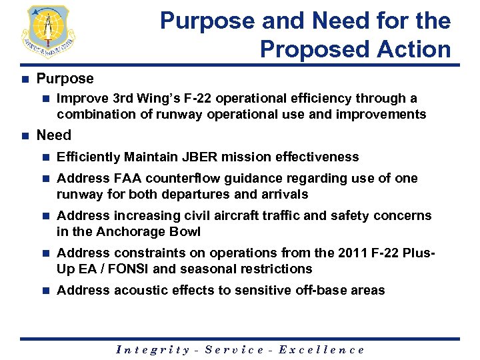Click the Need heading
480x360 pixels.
point(54,135)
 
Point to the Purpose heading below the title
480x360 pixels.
point(65,79)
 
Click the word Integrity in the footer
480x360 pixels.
point(153,349)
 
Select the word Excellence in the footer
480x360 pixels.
point(321,349)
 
